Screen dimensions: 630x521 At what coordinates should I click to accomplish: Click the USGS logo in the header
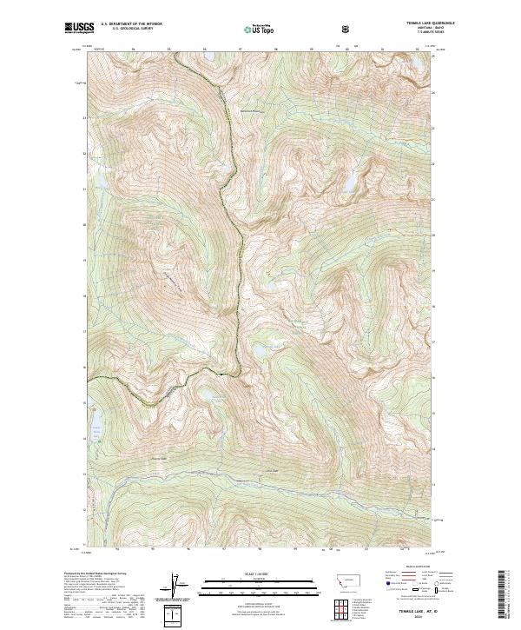pyautogui.click(x=77, y=29)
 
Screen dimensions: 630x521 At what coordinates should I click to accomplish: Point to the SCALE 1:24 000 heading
pyautogui.click(x=248, y=574)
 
